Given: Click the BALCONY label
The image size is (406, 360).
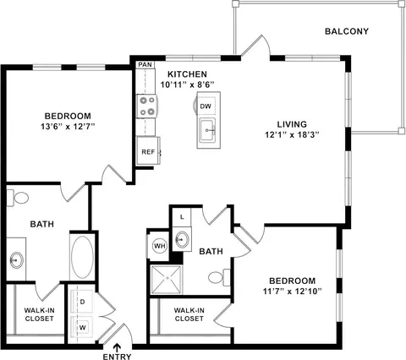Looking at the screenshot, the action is coord(347,31).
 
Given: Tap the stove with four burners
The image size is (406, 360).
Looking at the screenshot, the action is coord(146,106).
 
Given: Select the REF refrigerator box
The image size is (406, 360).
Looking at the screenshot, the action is coord(148,151).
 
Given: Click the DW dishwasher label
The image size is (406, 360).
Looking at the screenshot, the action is coord(206,106).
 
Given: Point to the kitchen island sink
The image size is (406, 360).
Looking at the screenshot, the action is coord(207,130).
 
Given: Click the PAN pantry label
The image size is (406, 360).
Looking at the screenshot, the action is coord(145,64).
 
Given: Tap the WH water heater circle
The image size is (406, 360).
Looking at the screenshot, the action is coord(160,246).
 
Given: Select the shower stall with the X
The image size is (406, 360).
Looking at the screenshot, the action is coord(167,279).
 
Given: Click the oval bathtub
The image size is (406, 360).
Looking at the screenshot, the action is coord(82,257).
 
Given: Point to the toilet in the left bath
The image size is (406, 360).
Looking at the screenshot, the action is coord(18,198).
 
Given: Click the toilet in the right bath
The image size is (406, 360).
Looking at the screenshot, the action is coord(219,277).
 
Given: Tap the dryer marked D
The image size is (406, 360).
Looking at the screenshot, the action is coord(81,302).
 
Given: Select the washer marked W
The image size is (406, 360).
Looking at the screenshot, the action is coord(81,327).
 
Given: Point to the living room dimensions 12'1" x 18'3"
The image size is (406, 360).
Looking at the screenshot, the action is coord(292,135).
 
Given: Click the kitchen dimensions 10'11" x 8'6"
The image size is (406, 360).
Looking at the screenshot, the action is coord(188,85).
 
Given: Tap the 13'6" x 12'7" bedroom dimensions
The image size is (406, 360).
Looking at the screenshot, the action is coord(67,127).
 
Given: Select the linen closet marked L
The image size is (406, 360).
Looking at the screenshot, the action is coord(182,217).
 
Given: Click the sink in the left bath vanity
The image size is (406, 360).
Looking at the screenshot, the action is coord(16,259).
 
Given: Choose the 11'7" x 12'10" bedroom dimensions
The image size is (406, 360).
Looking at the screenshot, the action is coord(293,292).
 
